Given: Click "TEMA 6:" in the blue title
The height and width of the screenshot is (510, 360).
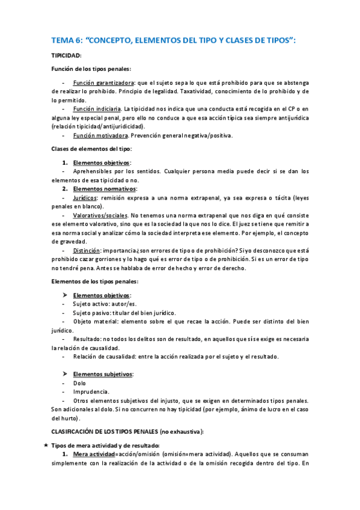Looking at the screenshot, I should click(67, 41).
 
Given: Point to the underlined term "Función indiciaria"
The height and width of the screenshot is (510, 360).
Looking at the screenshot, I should click(97, 109).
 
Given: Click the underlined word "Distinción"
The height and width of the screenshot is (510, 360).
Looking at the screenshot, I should click(86, 250).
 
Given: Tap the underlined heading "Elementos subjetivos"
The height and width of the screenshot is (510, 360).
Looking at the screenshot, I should click(102, 374).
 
